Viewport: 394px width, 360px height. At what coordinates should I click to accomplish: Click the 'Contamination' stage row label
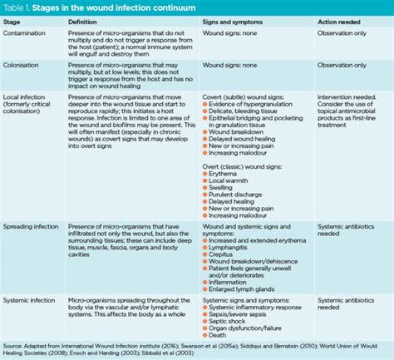tap(27, 33)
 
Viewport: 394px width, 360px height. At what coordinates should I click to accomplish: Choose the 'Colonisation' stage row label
tap(24, 64)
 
